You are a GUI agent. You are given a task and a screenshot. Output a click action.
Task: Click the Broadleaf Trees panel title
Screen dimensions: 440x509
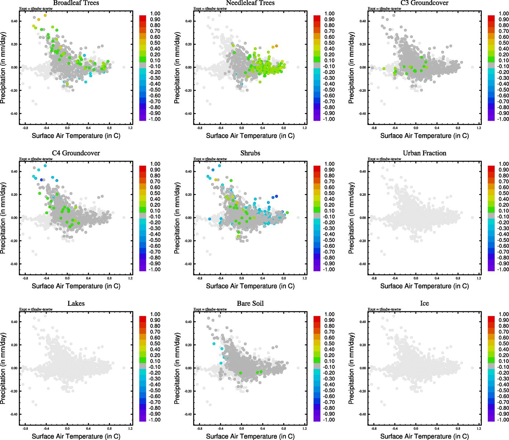[76, 3]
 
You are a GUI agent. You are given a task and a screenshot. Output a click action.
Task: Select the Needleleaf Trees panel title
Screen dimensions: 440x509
[250, 3]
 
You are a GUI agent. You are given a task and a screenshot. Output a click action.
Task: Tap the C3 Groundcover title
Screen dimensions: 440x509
[424, 3]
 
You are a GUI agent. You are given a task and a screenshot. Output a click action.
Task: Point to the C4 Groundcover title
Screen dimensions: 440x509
[76, 153]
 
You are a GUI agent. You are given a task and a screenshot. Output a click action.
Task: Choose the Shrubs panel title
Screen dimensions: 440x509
[250, 153]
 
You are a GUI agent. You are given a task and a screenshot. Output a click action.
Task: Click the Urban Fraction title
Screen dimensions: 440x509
[424, 153]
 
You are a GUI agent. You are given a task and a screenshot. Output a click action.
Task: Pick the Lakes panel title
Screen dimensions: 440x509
[76, 304]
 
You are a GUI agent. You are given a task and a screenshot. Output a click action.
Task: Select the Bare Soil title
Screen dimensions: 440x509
[250, 304]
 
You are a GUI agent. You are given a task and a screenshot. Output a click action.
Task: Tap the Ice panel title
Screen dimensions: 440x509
[424, 304]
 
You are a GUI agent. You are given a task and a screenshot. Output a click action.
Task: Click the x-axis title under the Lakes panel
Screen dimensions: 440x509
[76, 436]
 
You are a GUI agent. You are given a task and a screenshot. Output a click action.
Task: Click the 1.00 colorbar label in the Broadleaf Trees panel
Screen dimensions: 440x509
[155, 14]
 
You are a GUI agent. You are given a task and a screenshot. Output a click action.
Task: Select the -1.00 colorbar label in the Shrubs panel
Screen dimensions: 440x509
[329, 269]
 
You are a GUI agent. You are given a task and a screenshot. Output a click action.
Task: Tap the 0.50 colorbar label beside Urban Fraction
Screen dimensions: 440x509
[503, 193]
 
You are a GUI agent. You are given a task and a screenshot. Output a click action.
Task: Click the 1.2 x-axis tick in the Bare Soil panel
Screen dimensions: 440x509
[305, 428]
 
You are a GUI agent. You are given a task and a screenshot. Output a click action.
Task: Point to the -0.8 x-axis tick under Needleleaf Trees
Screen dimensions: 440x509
[199, 128]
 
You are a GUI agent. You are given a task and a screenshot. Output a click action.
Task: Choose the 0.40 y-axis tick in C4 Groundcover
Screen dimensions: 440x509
[14, 172]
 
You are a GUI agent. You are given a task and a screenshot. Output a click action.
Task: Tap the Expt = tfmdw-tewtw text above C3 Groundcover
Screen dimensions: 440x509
[384, 8]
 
